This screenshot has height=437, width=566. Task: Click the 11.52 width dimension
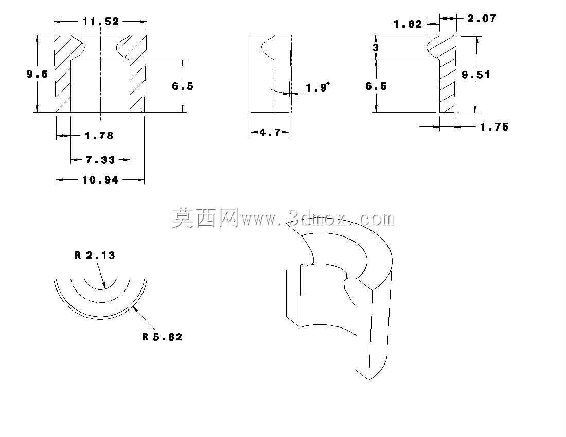[100, 22]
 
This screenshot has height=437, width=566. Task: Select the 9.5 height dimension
[37, 74]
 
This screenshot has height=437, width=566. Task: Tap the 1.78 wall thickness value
[99, 136]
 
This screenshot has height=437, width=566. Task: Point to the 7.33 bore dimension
[100, 160]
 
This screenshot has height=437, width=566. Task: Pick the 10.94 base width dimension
[100, 180]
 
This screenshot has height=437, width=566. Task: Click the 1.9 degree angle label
[318, 87]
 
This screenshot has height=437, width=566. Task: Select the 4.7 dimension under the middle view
[270, 133]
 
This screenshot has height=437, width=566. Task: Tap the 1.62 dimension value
[408, 25]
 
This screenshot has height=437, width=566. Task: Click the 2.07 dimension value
[482, 19]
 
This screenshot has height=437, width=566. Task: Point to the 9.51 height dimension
[476, 75]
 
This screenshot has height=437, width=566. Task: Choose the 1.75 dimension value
[494, 127]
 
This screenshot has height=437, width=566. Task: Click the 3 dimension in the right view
[376, 48]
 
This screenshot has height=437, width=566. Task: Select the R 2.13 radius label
[95, 256]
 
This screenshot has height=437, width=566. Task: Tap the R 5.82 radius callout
[162, 337]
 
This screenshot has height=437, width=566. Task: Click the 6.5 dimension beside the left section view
[183, 86]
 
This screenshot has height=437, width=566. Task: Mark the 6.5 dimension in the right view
[376, 86]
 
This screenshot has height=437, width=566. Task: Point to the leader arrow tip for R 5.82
[134, 307]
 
